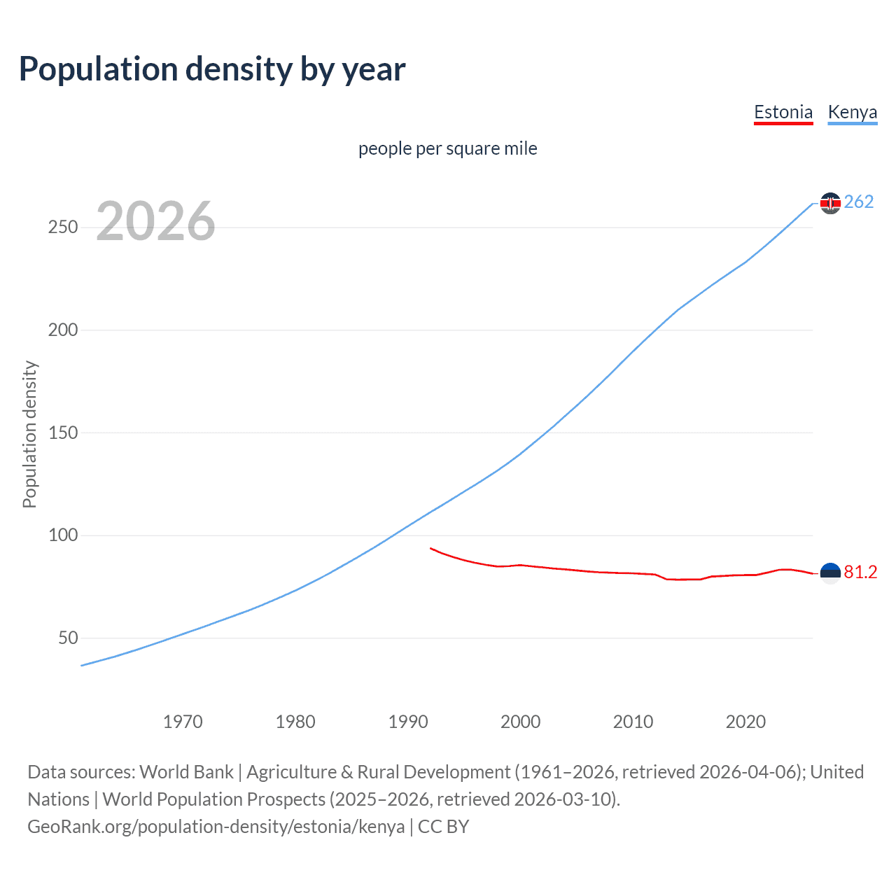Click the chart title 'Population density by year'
point(212,69)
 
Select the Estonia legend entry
point(783,112)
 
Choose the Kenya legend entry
point(852,112)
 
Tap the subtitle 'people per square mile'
point(447,148)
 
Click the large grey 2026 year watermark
point(155,221)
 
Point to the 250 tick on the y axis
point(63,227)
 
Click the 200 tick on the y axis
point(63,330)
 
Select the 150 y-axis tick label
point(63,433)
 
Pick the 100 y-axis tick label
point(63,535)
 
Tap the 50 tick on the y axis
point(68,638)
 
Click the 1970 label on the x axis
point(183,722)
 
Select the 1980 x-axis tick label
point(295,722)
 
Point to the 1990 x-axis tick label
point(408,722)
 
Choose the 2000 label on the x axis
point(520,722)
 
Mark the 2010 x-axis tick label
point(633,722)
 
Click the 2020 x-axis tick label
point(745,722)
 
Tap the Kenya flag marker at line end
point(830,203)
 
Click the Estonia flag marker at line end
point(830,573)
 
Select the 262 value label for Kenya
point(859,202)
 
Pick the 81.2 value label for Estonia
point(860,573)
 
